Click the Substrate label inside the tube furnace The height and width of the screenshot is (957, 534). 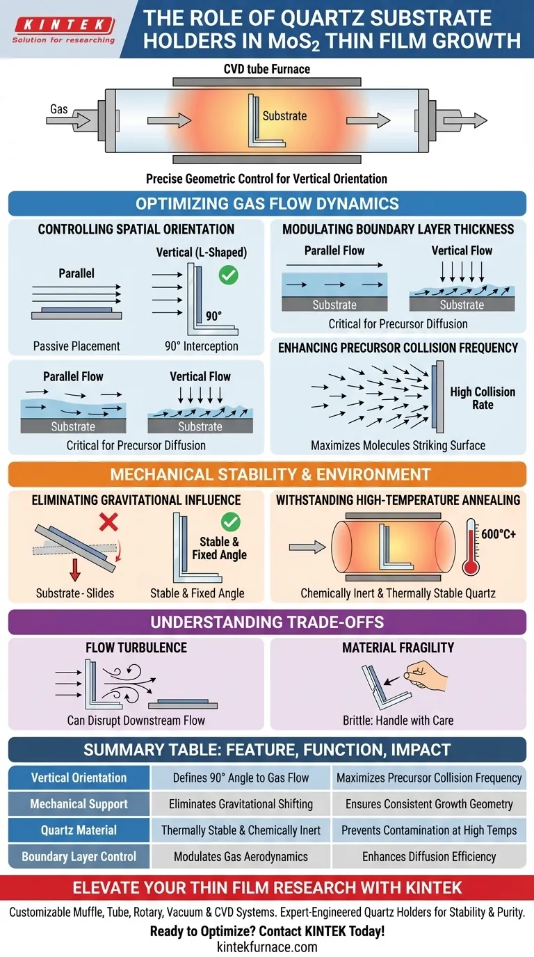point(284,116)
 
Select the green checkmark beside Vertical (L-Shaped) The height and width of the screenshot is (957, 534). point(228,275)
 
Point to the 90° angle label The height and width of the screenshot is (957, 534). point(214,315)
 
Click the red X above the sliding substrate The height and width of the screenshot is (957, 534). point(108,521)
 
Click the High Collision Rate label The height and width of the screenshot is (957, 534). point(483,398)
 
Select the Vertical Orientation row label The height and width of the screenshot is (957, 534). point(79,778)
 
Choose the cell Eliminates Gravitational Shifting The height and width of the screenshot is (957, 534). point(241,804)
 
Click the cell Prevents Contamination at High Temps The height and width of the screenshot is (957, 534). point(429,830)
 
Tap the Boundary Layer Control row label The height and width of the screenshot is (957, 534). point(79,856)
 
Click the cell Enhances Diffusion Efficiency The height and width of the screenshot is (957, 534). point(429,856)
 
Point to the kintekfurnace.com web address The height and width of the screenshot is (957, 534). point(267,947)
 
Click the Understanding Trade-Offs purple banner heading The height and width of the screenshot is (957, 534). point(267,622)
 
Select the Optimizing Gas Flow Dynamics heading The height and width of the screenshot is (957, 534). point(267,204)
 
